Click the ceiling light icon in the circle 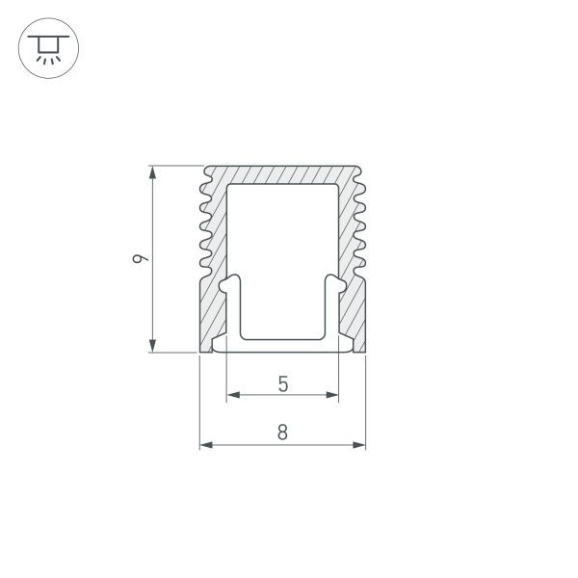tap(49, 49)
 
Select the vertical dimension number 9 tap(142, 258)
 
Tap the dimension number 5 tap(282, 383)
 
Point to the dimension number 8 tap(282, 433)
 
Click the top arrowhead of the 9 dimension tap(151, 172)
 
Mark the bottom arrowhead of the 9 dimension tap(151, 346)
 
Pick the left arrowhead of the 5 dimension tap(232, 395)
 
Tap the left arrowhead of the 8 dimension tap(205, 445)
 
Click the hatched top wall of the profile tap(282, 174)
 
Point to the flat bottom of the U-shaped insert tap(282, 337)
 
